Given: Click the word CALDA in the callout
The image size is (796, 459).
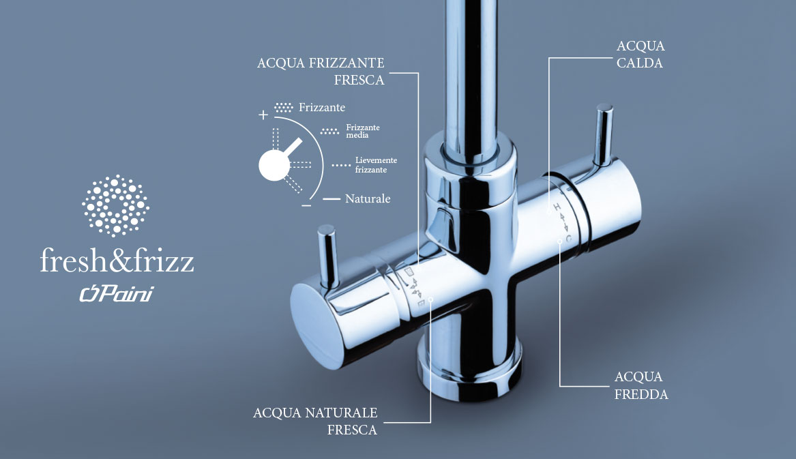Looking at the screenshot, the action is point(640,63).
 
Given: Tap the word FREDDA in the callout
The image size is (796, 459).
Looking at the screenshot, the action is point(641,394).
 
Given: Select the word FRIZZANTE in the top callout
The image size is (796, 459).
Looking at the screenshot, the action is point(347,63).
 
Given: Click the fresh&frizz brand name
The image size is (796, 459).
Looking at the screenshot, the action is point(117,261).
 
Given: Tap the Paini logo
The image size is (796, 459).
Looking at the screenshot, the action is point(117,294).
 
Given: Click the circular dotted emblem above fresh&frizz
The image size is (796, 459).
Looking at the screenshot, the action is point(116,206).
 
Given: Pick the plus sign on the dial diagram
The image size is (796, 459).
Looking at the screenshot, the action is point(263,115).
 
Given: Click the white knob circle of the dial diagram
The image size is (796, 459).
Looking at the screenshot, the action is point(274,166).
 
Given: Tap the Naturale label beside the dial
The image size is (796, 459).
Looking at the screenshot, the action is point(368,198).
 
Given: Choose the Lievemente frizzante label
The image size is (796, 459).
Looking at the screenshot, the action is point(376,165).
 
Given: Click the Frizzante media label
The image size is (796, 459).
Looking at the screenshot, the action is point(362,131).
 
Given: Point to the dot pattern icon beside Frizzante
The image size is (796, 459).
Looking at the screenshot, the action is point(284,107).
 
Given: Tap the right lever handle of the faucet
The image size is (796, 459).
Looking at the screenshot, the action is point(604,134).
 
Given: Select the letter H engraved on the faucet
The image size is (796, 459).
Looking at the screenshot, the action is point(557,207).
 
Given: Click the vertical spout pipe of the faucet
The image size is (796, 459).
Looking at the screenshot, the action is point(471,76).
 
